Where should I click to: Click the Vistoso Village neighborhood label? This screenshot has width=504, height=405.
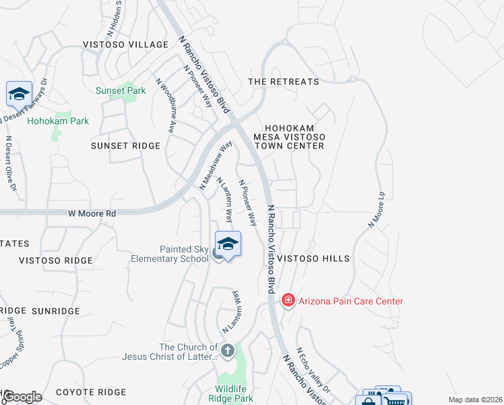[125, 45]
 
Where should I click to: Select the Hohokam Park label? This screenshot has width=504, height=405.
[58, 122]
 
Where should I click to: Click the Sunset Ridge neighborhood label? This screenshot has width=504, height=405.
[126, 146]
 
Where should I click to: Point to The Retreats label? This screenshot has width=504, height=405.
[284, 82]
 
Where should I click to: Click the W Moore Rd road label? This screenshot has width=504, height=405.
[92, 213]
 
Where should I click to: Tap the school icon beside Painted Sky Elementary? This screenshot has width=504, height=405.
[228, 244]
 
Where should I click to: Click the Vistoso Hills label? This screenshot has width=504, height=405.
[313, 259]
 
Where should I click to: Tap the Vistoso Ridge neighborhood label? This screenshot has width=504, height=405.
[55, 261]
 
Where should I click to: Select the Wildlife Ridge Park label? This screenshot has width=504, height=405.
[234, 394]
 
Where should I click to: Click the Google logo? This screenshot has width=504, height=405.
[22, 397]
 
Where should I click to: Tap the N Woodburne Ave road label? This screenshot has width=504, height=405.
[166, 106]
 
